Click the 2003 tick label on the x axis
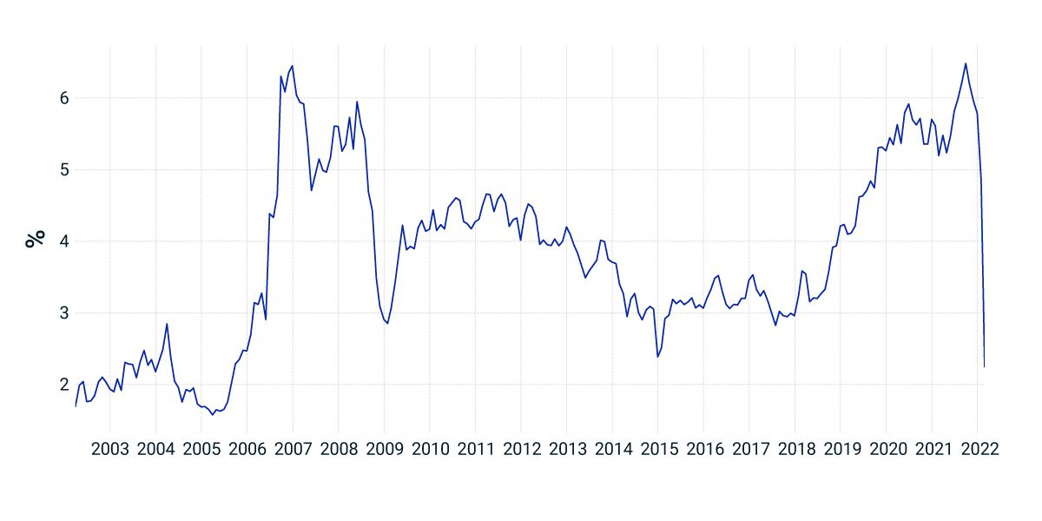[x=110, y=449]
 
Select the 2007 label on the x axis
[x=293, y=449]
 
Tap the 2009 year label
[x=384, y=449]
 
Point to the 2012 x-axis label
[x=520, y=449]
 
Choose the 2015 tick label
[x=657, y=449]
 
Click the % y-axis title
[x=35, y=241]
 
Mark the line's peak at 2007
[x=293, y=66]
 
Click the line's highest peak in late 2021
[x=966, y=63]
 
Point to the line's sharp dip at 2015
[x=657, y=356]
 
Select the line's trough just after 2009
[x=387, y=323]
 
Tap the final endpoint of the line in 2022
[x=984, y=366]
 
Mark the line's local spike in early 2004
[x=167, y=324]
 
